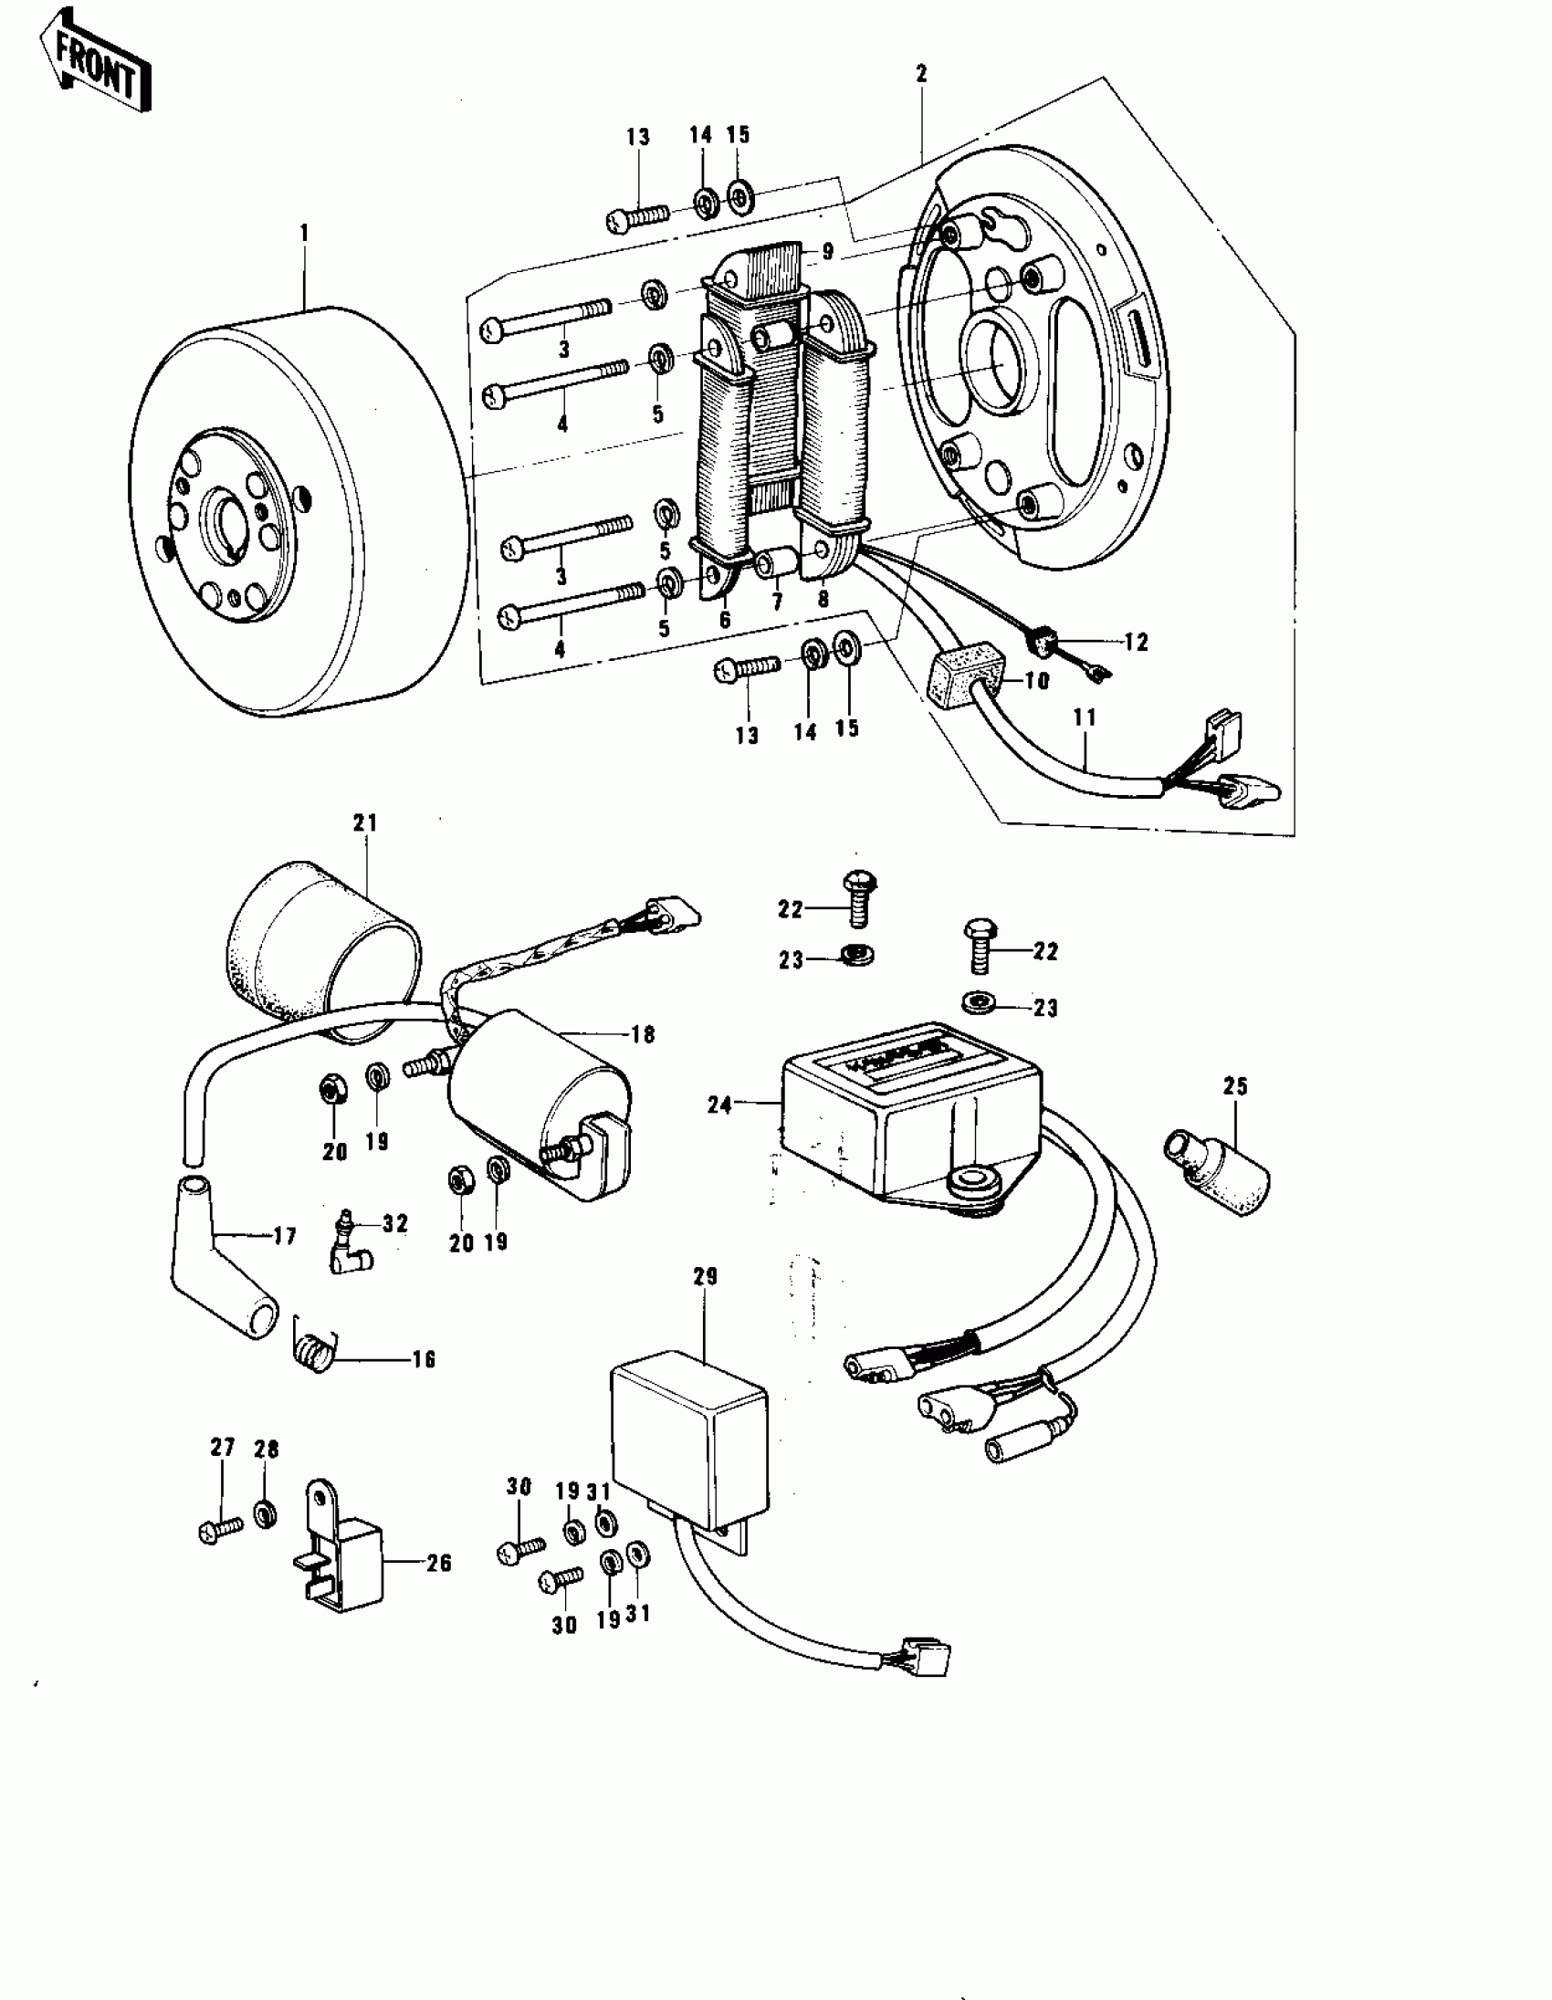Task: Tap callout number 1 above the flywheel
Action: click(x=304, y=234)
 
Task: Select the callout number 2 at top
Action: click(x=921, y=74)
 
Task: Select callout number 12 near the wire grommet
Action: click(x=1136, y=643)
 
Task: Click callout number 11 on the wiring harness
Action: click(x=1084, y=717)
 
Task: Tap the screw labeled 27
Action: click(x=220, y=1528)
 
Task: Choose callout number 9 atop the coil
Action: click(x=828, y=251)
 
